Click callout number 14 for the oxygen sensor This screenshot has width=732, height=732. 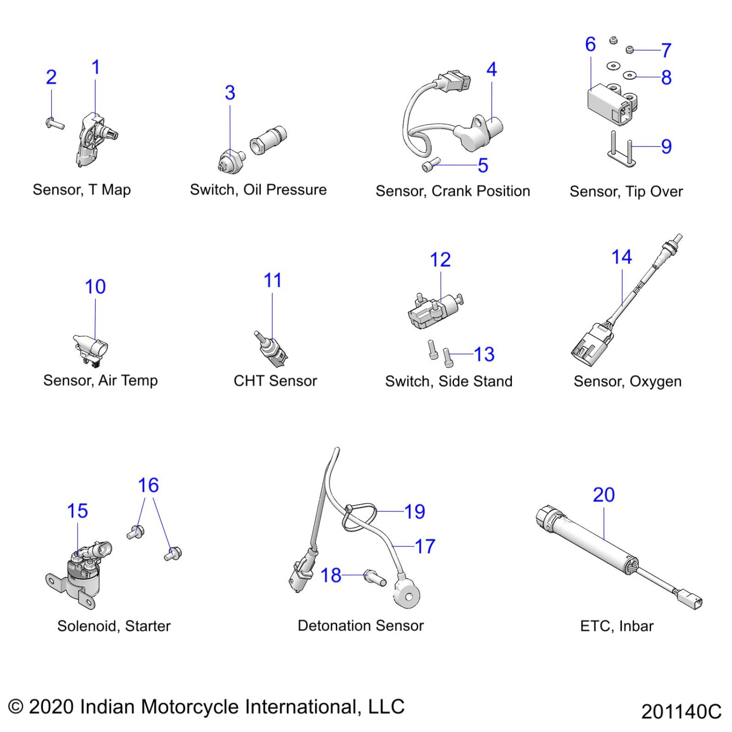click(621, 257)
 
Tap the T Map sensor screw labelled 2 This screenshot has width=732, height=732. click(54, 124)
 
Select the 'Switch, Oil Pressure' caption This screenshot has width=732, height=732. click(258, 189)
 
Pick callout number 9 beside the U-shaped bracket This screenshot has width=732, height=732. click(666, 146)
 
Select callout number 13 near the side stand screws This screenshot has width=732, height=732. click(484, 354)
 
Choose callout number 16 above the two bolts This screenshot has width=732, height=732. click(148, 485)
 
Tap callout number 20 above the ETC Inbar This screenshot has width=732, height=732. click(604, 495)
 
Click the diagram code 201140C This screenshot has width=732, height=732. click(681, 711)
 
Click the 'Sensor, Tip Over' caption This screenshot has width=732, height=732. click(626, 191)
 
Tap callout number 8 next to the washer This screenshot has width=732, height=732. click(666, 78)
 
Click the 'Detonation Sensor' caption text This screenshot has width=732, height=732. click(360, 625)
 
